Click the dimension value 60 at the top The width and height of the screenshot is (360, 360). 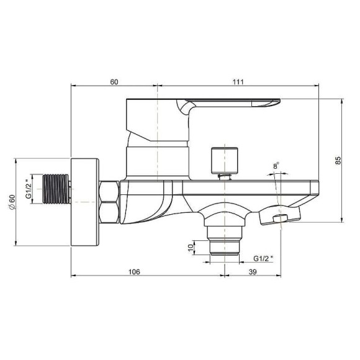pyautogui.click(x=114, y=81)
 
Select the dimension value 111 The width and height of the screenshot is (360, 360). pyautogui.click(x=238, y=81)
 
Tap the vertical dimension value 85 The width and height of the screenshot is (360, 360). pyautogui.click(x=338, y=160)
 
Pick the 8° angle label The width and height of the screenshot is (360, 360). pyautogui.click(x=276, y=165)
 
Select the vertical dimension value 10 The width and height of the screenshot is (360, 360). pyautogui.click(x=191, y=248)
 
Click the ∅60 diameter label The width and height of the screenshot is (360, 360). pyautogui.click(x=11, y=202)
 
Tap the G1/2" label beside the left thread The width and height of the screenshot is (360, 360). pyautogui.click(x=28, y=189)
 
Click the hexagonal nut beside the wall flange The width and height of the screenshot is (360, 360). pyautogui.click(x=110, y=201)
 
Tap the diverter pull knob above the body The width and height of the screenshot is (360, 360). pyautogui.click(x=224, y=160)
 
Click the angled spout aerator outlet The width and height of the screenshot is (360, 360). pyautogui.click(x=279, y=217)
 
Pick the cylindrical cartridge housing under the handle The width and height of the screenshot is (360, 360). pyautogui.click(x=157, y=159)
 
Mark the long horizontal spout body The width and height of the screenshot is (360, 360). pyautogui.click(x=248, y=189)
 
